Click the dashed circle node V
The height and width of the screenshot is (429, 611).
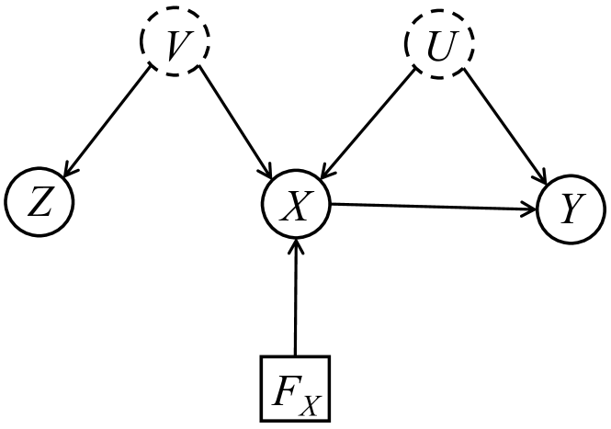pos(175,44)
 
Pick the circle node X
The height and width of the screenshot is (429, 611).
pos(295,204)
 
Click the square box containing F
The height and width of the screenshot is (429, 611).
pos(295,387)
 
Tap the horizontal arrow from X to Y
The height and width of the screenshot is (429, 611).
pos(432,208)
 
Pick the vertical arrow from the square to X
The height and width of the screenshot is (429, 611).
pos(295,294)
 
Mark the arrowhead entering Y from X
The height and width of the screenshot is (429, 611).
pos(531,210)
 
